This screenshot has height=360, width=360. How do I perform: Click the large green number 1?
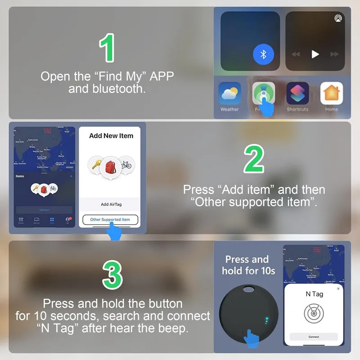click(107, 48)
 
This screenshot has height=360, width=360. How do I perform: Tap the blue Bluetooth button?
click(264, 54)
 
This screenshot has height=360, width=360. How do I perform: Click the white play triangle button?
click(315, 54)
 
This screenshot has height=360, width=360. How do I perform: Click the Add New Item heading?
click(111, 135)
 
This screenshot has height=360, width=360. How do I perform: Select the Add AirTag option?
click(111, 204)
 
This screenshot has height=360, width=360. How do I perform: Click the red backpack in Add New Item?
click(111, 166)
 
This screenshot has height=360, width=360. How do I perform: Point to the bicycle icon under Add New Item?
click(126, 165)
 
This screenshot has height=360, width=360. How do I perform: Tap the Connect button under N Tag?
click(314, 337)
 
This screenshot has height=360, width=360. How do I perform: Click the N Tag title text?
click(314, 294)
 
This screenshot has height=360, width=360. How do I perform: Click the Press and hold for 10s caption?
click(247, 265)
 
